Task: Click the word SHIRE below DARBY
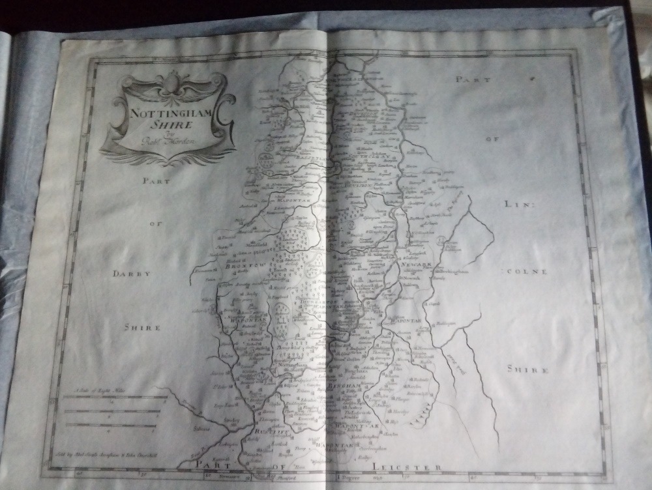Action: (143, 328)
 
